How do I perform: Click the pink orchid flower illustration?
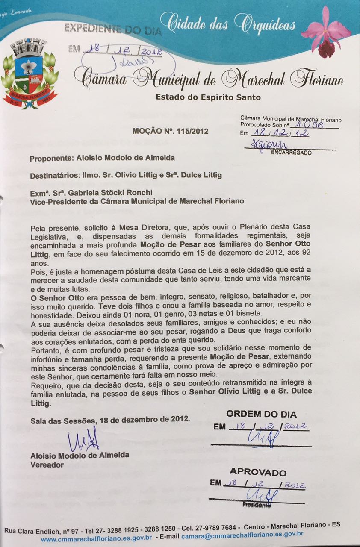pos(326,32)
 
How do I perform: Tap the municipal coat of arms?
pos(29,73)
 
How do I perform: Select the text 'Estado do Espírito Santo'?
pos(208,97)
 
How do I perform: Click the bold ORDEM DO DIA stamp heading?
pos(262,414)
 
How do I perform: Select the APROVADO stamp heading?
pos(258,472)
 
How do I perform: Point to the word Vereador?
pos(47,464)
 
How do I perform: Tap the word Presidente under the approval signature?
pos(257,505)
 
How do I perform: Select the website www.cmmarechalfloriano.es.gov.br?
pos(96,535)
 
